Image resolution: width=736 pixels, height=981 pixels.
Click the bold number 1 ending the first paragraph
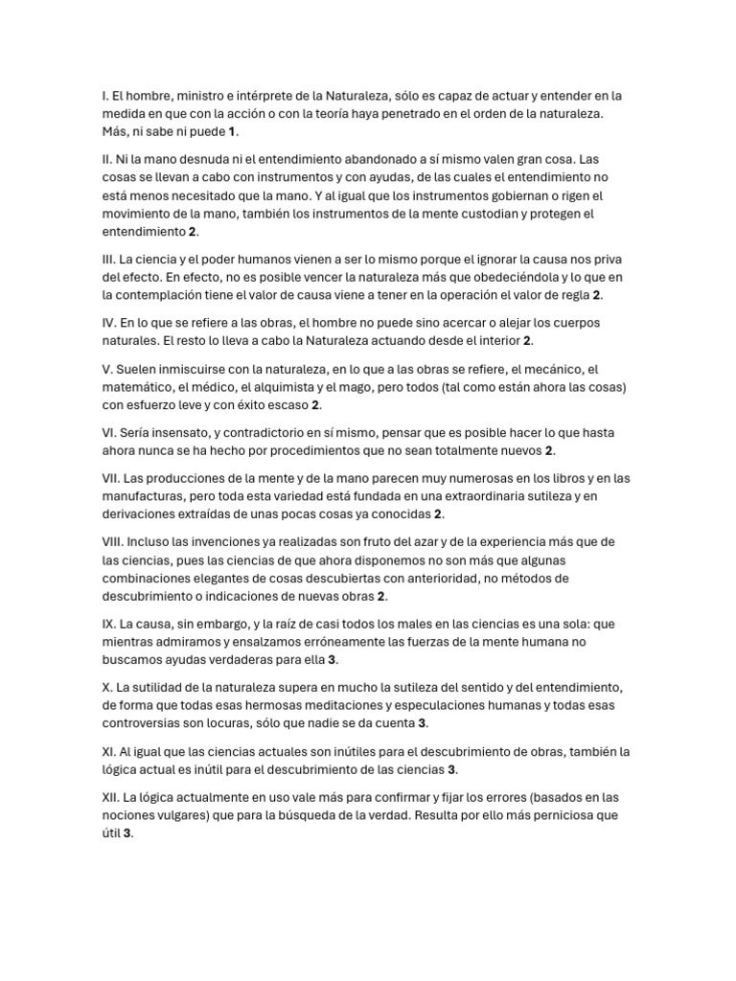pyautogui.click(x=232, y=131)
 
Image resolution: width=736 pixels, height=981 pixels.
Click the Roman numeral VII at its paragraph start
pyautogui.click(x=111, y=478)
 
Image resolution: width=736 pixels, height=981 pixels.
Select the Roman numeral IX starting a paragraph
pyautogui.click(x=108, y=624)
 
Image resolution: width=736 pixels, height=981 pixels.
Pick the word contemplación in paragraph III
pyautogui.click(x=181, y=295)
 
